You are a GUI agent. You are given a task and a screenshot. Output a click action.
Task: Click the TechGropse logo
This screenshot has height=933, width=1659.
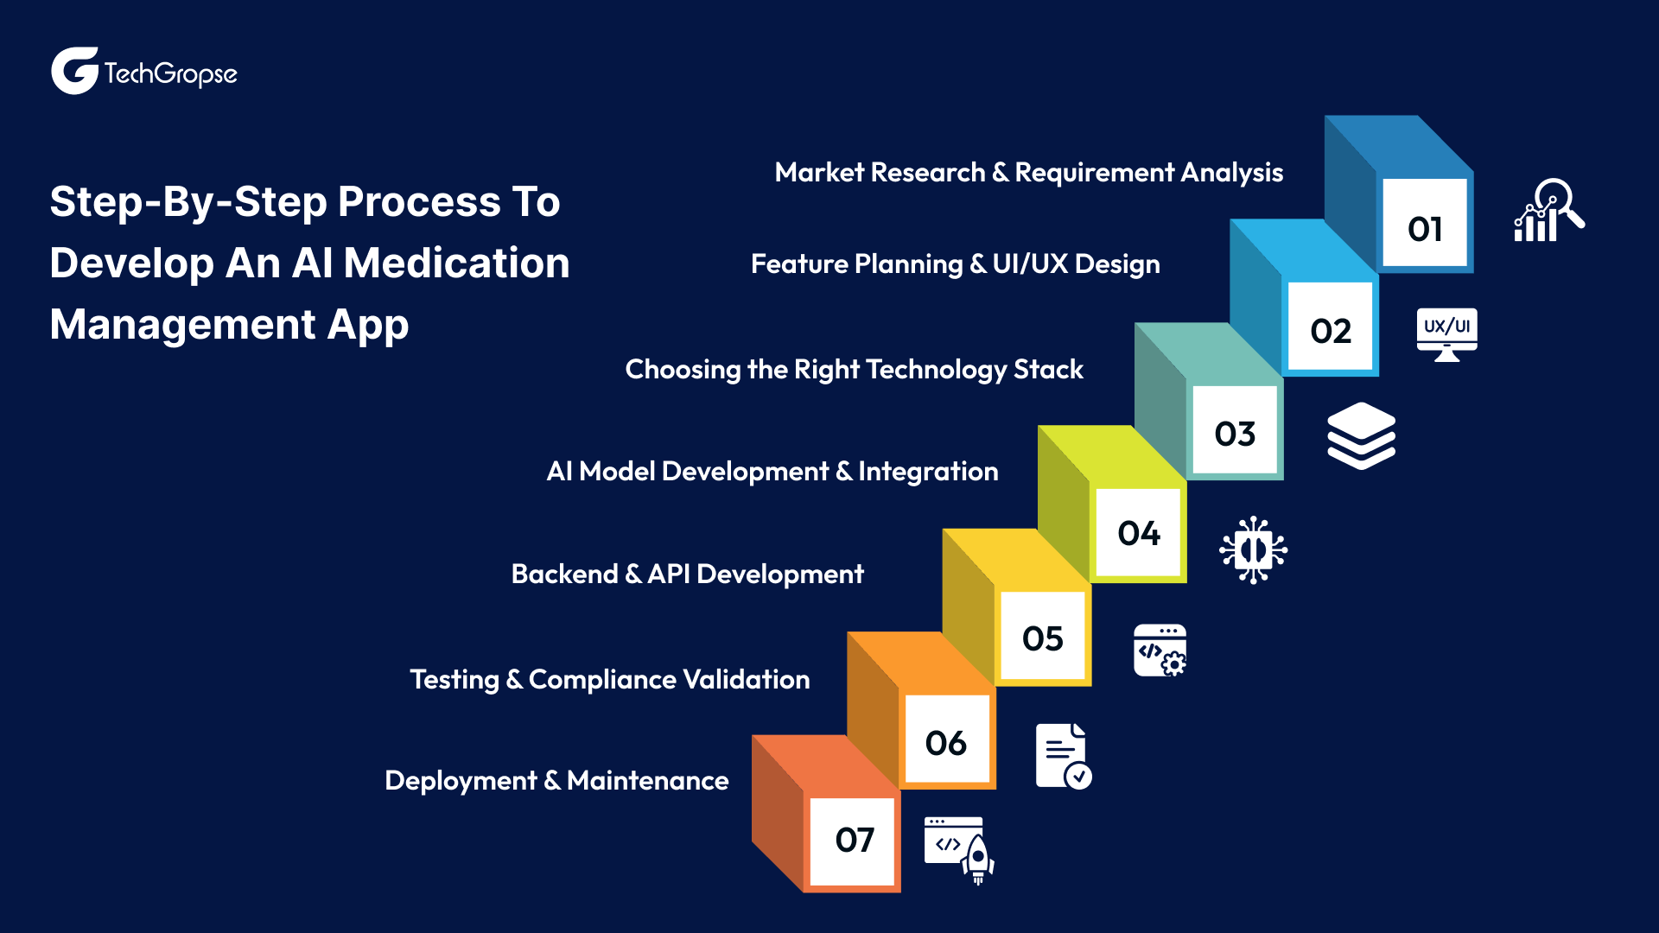[x=143, y=72]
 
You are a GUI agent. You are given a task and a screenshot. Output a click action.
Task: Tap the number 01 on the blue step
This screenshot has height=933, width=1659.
[x=1424, y=228]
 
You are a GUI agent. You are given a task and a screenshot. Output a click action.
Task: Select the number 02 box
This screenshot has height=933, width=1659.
[x=1330, y=330]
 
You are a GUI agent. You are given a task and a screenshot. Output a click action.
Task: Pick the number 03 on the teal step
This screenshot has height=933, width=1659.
[x=1234, y=433]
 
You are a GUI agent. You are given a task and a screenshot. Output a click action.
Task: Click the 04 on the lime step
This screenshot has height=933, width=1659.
[x=1138, y=533]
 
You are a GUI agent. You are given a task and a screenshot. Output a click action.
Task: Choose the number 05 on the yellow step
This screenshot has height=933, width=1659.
[x=1042, y=638]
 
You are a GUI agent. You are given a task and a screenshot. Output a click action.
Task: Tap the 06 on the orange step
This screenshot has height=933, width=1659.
[x=945, y=743]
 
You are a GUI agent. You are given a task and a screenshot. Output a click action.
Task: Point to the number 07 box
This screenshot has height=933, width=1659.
[x=854, y=840]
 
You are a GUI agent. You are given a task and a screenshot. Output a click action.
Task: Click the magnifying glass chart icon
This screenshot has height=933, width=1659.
[x=1548, y=211]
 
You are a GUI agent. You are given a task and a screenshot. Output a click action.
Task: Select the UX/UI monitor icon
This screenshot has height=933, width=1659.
[x=1446, y=333]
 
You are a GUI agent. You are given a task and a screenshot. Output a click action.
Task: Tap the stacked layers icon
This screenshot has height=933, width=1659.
[x=1361, y=435]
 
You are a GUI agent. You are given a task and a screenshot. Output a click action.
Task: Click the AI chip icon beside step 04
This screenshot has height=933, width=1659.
[x=1253, y=550]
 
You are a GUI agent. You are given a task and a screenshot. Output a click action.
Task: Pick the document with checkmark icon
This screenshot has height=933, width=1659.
[x=1063, y=756]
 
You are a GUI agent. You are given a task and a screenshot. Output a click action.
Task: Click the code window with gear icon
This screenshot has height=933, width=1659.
[x=1160, y=651]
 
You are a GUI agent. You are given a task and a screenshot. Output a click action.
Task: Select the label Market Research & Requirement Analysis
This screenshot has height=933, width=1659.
[x=1028, y=173]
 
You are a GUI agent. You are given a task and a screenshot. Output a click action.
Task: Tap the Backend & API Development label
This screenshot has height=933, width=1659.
[x=687, y=574]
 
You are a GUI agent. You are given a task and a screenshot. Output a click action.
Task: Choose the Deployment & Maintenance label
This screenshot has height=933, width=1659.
[x=556, y=781]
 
